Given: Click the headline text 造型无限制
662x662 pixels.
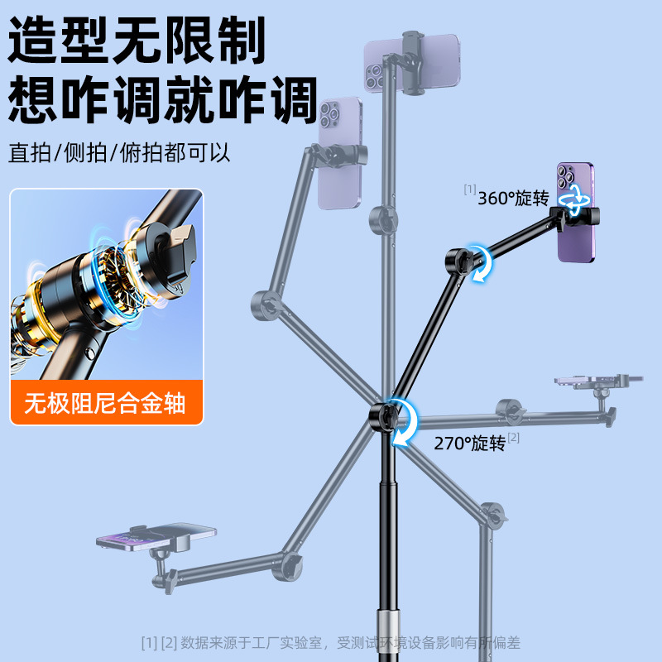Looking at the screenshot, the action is (x=137, y=39).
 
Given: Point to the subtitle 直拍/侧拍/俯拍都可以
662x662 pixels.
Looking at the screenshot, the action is (x=120, y=153).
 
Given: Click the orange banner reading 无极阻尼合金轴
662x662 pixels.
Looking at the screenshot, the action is (x=106, y=403).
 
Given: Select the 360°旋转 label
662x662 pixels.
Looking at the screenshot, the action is (x=514, y=198).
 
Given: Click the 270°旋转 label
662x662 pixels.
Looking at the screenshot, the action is (x=469, y=443).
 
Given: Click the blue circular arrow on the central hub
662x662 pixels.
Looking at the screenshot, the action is (x=402, y=420).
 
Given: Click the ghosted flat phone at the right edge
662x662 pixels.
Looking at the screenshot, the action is (x=598, y=380).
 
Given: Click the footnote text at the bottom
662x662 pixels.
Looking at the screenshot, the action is (x=331, y=642).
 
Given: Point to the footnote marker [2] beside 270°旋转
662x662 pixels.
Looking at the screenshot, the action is (x=514, y=437).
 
